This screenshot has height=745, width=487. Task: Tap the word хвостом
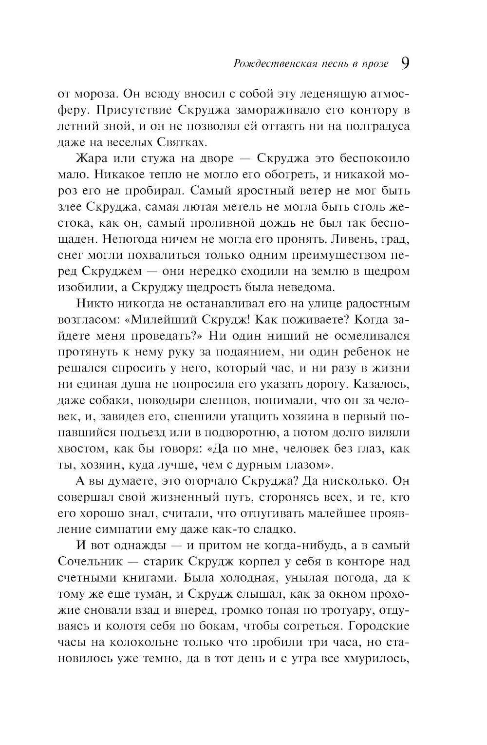[79, 448]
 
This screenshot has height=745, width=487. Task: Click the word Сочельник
[88, 561]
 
